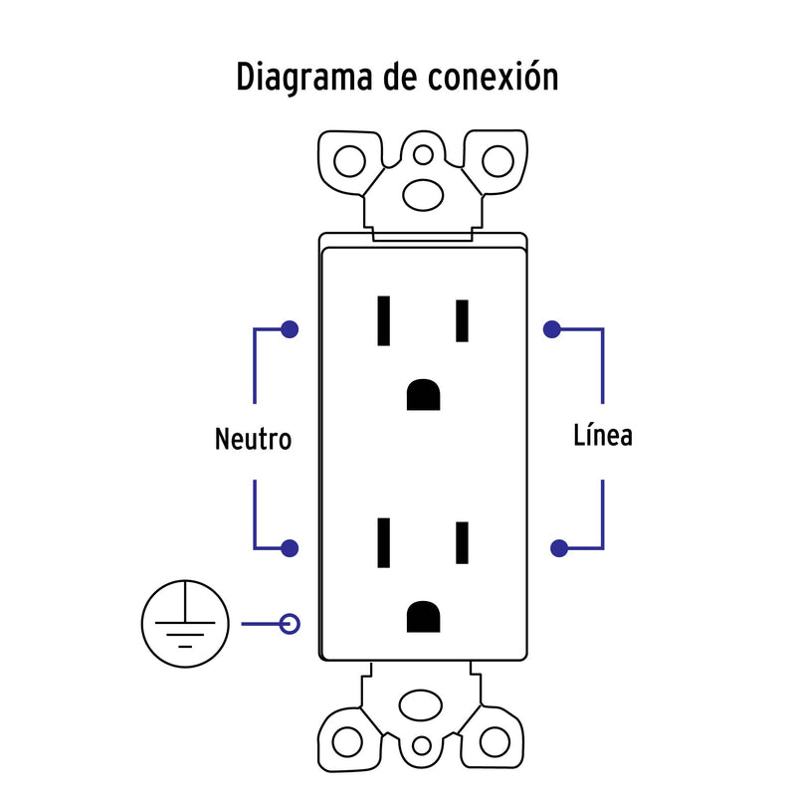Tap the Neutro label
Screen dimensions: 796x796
click(254, 439)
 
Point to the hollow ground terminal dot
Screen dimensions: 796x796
click(290, 625)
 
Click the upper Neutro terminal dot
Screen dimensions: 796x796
click(289, 328)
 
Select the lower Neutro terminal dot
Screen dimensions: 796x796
click(290, 547)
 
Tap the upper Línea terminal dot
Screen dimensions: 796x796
click(551, 328)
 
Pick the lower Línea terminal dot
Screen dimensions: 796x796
click(560, 547)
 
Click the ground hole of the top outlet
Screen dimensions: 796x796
click(424, 395)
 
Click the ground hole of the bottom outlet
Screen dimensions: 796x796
click(424, 616)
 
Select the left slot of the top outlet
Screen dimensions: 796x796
click(383, 320)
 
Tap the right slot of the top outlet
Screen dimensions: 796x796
click(462, 320)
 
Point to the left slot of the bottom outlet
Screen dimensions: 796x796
click(383, 542)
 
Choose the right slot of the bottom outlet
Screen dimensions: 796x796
click(462, 542)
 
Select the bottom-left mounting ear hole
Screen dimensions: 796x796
click(347, 741)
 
